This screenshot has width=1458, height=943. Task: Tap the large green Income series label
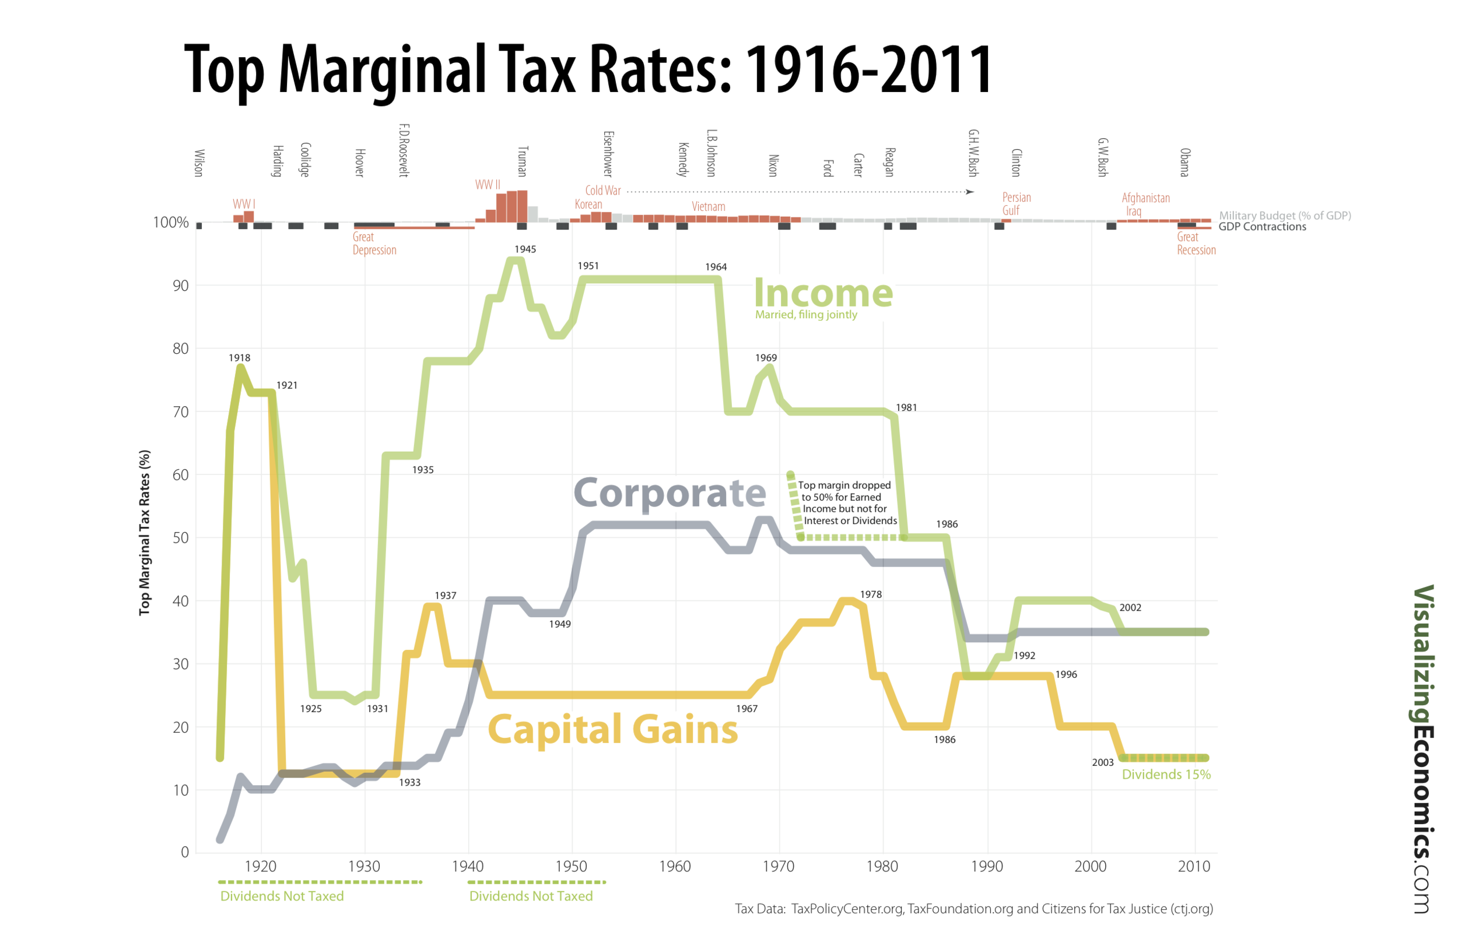click(x=823, y=293)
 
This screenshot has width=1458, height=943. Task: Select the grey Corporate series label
click(x=669, y=492)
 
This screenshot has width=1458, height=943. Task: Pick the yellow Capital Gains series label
click(x=612, y=729)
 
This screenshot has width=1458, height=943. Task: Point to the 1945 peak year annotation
click(x=525, y=249)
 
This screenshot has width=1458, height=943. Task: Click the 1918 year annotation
click(x=240, y=358)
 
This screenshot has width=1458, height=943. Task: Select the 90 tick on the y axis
click(x=181, y=286)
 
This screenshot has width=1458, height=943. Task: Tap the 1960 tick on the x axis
click(x=675, y=867)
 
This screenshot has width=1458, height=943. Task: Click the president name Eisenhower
click(x=608, y=154)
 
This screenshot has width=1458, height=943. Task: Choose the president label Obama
click(x=1185, y=162)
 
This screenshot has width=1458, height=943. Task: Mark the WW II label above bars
click(x=488, y=184)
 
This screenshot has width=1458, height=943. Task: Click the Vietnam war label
click(x=708, y=207)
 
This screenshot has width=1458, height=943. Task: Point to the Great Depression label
click(x=374, y=243)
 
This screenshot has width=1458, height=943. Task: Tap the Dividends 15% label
click(x=1166, y=775)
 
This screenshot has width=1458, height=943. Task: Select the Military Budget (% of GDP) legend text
click(x=1285, y=216)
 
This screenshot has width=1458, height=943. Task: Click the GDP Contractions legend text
click(x=1262, y=227)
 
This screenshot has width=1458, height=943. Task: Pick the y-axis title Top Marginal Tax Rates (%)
click(x=145, y=533)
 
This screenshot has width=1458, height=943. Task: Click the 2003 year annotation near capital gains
click(x=1103, y=762)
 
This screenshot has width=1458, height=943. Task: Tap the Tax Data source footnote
click(x=973, y=909)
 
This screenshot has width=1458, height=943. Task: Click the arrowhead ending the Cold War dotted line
click(x=970, y=192)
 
